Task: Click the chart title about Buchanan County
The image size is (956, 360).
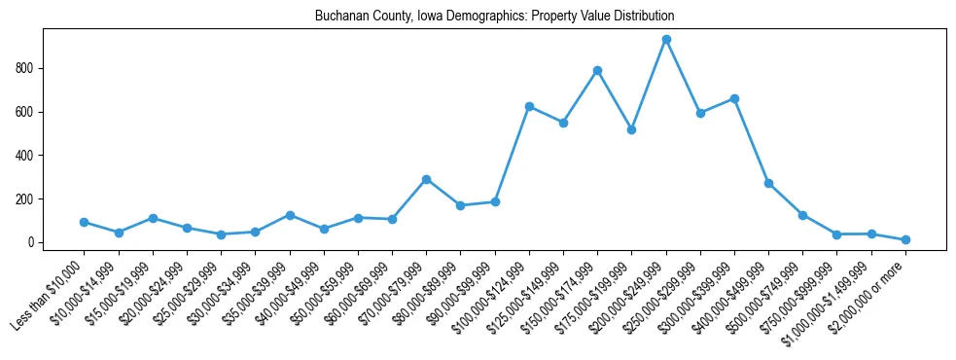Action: pos(494,17)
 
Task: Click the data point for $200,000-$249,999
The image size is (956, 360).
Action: pos(666,40)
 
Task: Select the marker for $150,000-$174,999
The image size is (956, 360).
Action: pos(597,71)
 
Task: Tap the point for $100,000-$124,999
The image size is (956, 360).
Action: pos(529,106)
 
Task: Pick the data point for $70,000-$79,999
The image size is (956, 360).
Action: pos(426,179)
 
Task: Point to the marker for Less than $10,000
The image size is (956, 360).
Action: pos(85,222)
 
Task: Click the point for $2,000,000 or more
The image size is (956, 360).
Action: pos(905,239)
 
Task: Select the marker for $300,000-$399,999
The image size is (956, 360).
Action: pos(734,98)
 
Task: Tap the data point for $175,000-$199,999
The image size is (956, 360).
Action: pos(631,129)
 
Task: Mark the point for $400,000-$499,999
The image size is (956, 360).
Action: pos(768,183)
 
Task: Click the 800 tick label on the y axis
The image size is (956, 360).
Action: pos(25,68)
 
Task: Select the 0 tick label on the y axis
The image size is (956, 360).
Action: pos(31,242)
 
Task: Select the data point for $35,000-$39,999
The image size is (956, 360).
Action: pos(290,215)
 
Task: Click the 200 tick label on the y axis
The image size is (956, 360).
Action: pos(25,198)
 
